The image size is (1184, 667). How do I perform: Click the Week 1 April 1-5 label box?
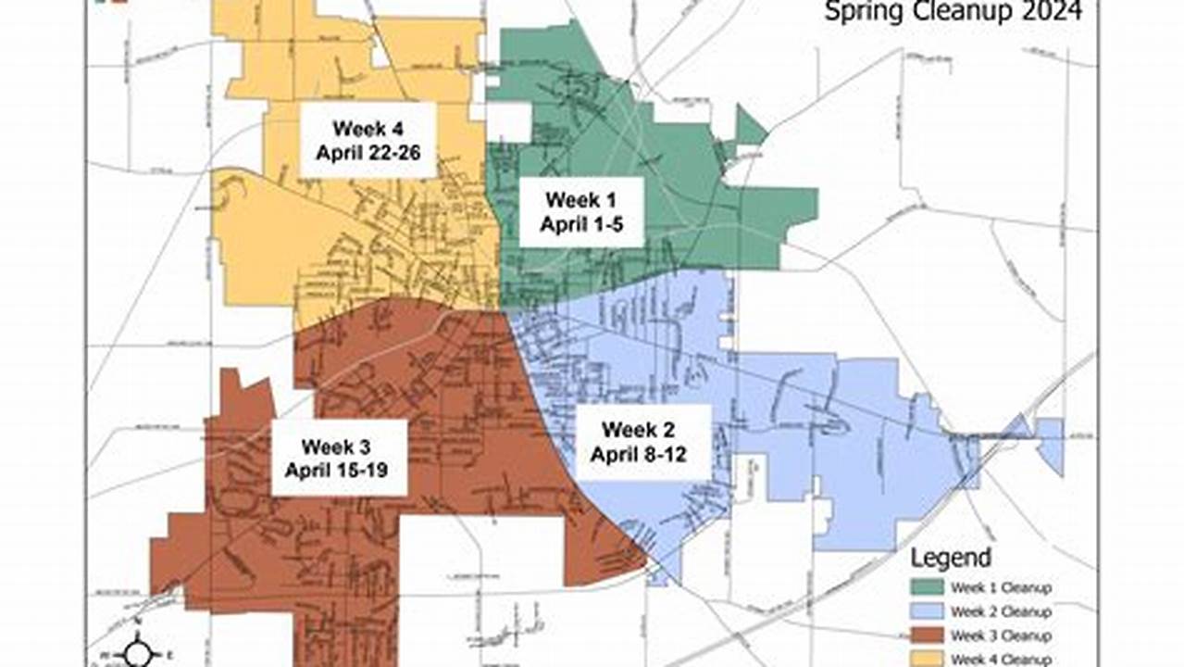(580, 212)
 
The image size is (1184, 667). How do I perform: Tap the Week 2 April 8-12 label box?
(643, 442)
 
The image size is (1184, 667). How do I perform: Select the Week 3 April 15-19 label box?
(340, 457)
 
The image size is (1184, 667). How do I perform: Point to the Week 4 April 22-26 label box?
(368, 139)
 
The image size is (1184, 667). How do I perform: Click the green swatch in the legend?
(928, 587)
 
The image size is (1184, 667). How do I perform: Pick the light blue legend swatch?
(928, 611)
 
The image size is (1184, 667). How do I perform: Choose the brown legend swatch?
(928, 636)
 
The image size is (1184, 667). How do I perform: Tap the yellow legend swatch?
(928, 659)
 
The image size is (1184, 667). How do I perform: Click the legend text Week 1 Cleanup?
(1001, 587)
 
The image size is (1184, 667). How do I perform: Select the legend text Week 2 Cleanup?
(1001, 611)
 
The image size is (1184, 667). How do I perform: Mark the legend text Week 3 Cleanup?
(1001, 636)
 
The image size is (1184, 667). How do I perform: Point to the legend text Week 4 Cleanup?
(1001, 659)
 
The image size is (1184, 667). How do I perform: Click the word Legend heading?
(951, 558)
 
